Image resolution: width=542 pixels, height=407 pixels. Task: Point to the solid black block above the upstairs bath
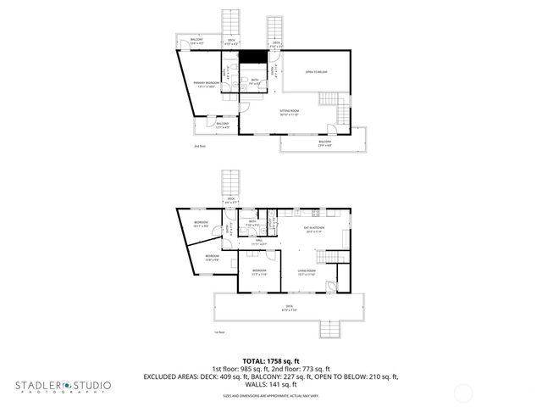pyautogui.click(x=252, y=60)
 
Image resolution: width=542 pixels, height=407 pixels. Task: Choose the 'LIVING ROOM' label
pyautogui.click(x=306, y=273)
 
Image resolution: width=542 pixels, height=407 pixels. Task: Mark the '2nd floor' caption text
pyautogui.click(x=200, y=146)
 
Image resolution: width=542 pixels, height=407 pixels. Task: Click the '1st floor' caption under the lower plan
pyautogui.click(x=219, y=332)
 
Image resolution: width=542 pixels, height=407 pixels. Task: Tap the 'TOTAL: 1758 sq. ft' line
pyautogui.click(x=270, y=360)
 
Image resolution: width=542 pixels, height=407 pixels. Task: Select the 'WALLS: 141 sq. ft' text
pyautogui.click(x=270, y=383)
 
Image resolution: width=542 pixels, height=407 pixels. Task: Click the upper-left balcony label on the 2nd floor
pyautogui.click(x=196, y=41)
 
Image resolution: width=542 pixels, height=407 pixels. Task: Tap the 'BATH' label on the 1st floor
pyautogui.click(x=252, y=224)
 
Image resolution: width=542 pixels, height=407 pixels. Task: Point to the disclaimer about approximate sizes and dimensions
pyautogui.click(x=270, y=395)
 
